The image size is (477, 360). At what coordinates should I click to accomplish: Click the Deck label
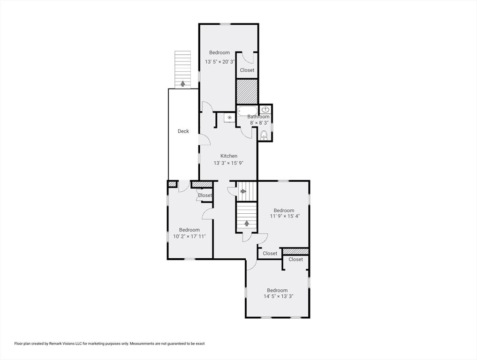(x=183, y=131)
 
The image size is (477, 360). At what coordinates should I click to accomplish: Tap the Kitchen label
(x=229, y=156)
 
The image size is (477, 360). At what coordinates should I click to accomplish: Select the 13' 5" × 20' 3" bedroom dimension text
(x=220, y=62)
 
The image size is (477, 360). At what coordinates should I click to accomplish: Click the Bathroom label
(x=258, y=117)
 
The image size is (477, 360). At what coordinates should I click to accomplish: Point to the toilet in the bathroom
(x=264, y=135)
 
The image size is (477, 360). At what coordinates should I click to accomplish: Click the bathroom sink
(x=265, y=109)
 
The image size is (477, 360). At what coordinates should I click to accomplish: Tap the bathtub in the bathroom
(x=248, y=111)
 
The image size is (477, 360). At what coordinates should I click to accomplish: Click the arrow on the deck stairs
(x=182, y=83)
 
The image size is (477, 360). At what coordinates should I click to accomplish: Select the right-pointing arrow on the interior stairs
(x=243, y=191)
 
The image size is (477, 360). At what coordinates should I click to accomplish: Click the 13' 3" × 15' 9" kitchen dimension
(x=228, y=163)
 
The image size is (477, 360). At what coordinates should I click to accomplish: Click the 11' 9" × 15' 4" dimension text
(x=285, y=216)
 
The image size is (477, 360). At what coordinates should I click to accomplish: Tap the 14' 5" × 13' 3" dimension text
(x=278, y=296)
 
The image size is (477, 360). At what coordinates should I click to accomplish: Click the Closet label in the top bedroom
(x=247, y=70)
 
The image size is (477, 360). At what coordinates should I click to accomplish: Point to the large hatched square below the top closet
(x=247, y=91)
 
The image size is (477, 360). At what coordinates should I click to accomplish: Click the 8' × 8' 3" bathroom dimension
(x=259, y=123)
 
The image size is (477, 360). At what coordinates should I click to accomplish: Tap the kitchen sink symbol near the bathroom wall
(x=229, y=117)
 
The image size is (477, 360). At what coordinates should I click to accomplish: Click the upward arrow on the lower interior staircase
(x=247, y=224)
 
